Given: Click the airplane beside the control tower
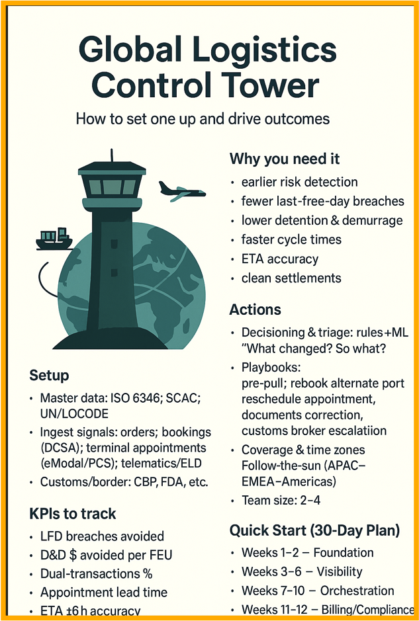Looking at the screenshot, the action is (181, 190).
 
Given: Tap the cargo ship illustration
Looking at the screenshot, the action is (54, 239).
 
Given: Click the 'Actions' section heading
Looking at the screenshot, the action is (255, 310).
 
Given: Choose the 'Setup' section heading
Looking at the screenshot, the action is (49, 376).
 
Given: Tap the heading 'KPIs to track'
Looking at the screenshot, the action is (73, 513).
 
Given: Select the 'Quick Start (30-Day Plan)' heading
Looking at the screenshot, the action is (314, 530).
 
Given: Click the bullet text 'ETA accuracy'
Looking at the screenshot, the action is (279, 259).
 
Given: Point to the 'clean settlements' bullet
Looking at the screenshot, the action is (291, 278).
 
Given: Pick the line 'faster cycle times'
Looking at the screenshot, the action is (291, 239).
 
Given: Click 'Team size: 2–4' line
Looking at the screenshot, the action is (281, 500).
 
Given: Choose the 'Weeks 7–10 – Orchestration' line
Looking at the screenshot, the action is (318, 591).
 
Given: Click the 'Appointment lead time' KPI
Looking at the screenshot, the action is (104, 593).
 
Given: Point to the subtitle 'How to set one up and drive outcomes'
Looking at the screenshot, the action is (203, 120).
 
